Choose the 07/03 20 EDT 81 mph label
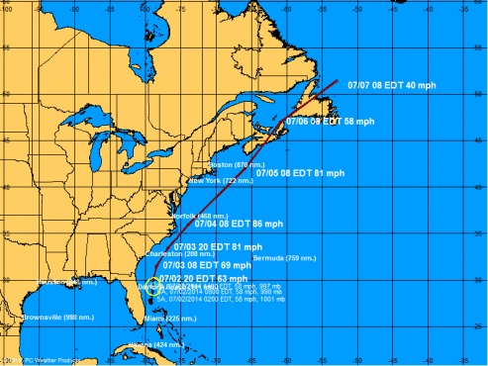click(218, 246)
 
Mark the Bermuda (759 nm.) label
click(282, 258)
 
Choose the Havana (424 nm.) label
click(155, 343)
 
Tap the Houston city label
click(59, 283)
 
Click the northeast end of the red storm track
click(338, 81)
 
